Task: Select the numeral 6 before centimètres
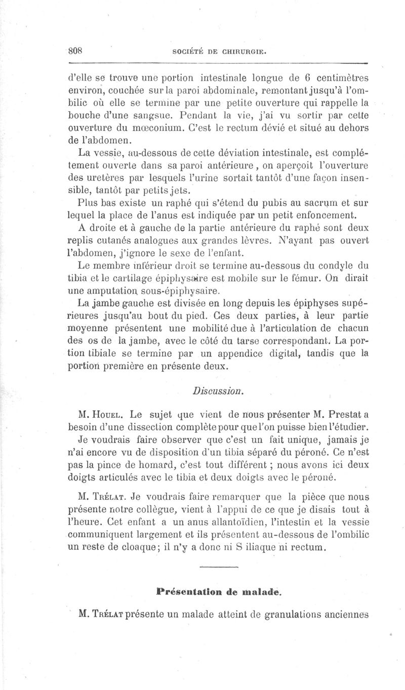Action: (x=306, y=78)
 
